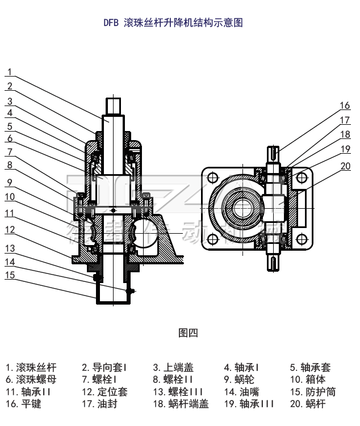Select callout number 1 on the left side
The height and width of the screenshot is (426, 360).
9,72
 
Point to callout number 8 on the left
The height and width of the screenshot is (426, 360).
9,165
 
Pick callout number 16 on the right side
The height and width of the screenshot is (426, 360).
345,106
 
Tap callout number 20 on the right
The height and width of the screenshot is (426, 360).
345,166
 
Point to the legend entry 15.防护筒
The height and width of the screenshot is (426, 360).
313,392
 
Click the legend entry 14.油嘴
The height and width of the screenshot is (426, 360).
242,392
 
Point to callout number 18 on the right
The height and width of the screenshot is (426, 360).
345,135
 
